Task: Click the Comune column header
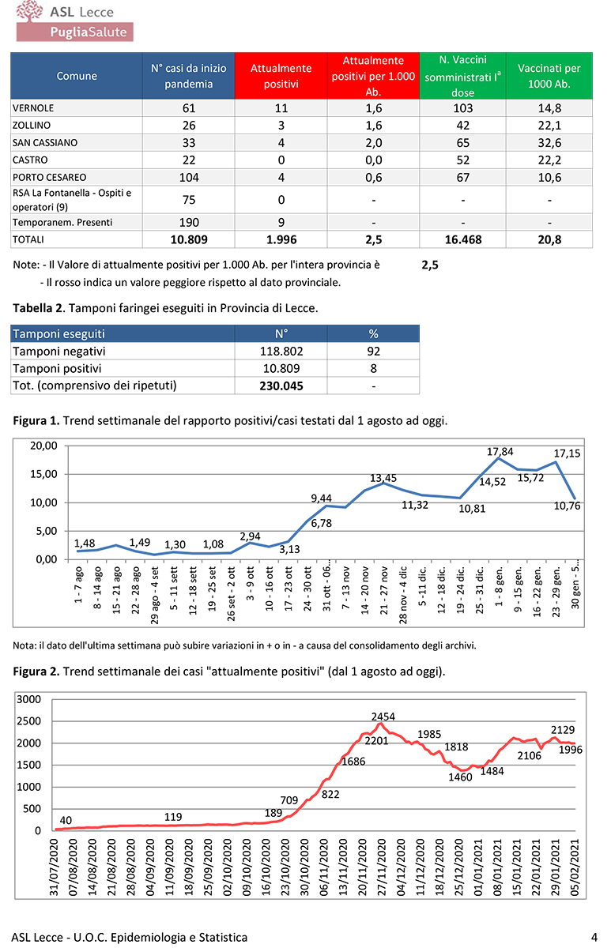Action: (77, 76)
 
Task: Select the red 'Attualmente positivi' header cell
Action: (281, 76)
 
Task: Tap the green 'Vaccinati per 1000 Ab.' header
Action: (549, 76)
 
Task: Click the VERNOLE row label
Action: (33, 108)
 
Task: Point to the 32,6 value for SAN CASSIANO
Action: (549, 143)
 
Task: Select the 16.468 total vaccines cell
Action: (462, 239)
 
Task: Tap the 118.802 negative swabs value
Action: (281, 352)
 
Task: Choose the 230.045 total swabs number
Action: (281, 386)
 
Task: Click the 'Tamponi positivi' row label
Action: (57, 368)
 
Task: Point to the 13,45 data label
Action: (384, 479)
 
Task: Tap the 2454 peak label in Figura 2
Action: (383, 717)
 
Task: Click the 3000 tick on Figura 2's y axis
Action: (28, 700)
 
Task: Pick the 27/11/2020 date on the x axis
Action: (380, 868)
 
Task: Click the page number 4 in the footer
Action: (594, 937)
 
